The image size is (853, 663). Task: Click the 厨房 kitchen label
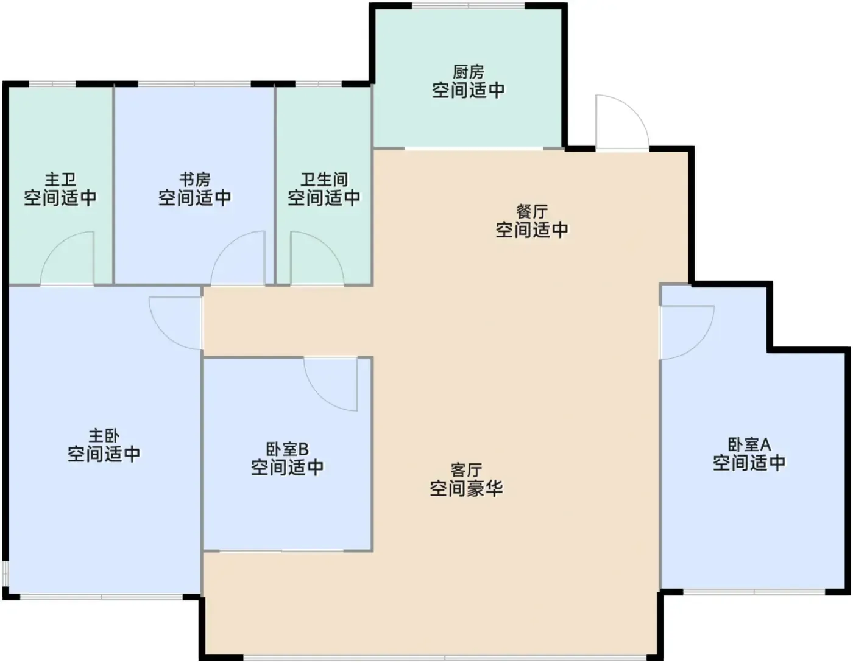coord(469,72)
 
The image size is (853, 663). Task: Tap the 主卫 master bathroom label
coord(60,180)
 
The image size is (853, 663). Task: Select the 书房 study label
coord(195,180)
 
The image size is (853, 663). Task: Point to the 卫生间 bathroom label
coord(324,180)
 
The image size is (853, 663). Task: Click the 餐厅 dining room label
coord(532,212)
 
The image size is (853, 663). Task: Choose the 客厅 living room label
coord(466,470)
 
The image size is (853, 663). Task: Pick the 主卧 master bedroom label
coord(104,435)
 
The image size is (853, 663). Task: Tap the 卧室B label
coord(288,449)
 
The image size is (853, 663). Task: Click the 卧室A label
coord(749,444)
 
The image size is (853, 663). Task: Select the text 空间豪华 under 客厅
coord(466,488)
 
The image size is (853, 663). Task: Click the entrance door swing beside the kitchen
coord(622,122)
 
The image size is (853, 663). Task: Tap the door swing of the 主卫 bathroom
coord(67,258)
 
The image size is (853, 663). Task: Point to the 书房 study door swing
coord(238,258)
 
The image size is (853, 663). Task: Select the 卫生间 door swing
coord(317,258)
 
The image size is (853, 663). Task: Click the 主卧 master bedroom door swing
coord(175,323)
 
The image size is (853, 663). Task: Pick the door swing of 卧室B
coord(331,384)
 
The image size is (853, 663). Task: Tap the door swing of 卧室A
coord(687,332)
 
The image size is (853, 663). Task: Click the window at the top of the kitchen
coord(468,5)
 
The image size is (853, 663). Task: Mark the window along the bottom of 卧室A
coord(754,592)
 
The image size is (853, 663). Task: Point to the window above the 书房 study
coord(194,84)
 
